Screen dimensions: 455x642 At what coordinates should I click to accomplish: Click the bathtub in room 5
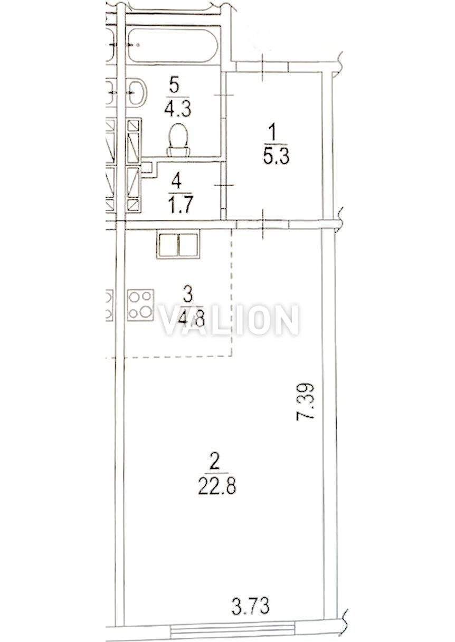pos(173,45)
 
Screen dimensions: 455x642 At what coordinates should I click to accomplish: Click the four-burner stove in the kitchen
pos(140,305)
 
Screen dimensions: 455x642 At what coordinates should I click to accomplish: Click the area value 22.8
pos(217,485)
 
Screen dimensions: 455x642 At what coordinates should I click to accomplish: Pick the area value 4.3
pos(177,109)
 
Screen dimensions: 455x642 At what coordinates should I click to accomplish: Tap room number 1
pos(273,134)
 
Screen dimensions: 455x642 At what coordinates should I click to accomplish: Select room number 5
pos(174,86)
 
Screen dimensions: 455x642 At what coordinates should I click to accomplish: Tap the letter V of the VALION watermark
pos(171,320)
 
